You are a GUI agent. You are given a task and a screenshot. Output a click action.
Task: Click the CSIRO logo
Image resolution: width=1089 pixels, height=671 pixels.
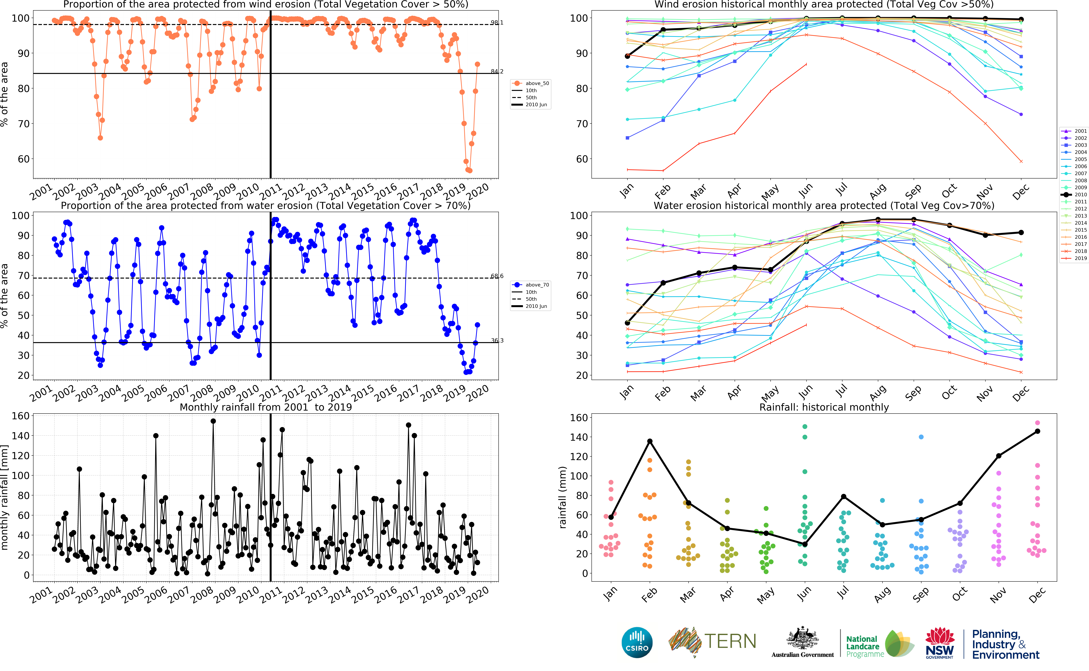tap(637, 642)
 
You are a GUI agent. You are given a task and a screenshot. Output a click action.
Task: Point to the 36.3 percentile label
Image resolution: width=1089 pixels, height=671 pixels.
tap(497, 340)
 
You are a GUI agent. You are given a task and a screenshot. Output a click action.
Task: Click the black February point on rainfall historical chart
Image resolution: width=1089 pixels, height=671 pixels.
tap(650, 441)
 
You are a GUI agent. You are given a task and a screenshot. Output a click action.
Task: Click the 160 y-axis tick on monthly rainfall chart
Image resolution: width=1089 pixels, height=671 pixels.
tap(20, 416)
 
